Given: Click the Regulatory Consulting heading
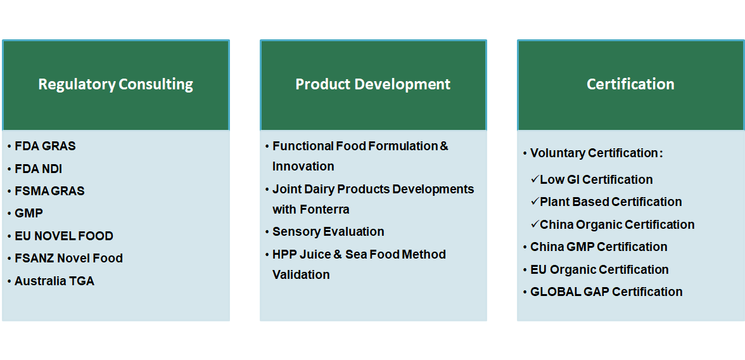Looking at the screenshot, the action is click(115, 84).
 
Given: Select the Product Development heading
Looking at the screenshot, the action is click(373, 84).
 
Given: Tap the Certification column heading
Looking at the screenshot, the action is click(630, 84).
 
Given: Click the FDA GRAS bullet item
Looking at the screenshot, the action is click(45, 146).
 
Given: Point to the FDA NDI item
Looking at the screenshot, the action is click(39, 169).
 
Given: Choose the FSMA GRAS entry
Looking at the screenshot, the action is click(49, 191).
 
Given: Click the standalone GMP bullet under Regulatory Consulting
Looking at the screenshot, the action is click(29, 214).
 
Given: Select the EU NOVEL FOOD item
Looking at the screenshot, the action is click(63, 236).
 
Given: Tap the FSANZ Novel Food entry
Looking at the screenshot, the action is click(68, 258).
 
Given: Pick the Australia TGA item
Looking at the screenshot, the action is click(54, 281).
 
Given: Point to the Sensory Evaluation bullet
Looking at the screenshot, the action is click(328, 231).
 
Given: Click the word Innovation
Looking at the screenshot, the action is click(303, 167).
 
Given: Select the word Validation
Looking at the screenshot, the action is click(301, 275).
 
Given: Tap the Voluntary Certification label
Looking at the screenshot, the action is click(596, 153).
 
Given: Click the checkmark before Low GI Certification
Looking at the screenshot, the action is click(535, 179).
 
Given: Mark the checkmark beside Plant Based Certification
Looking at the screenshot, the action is click(535, 202).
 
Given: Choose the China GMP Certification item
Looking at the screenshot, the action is click(599, 247).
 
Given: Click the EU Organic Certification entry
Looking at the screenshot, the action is click(599, 269).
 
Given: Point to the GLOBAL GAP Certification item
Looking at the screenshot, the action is click(606, 292).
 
